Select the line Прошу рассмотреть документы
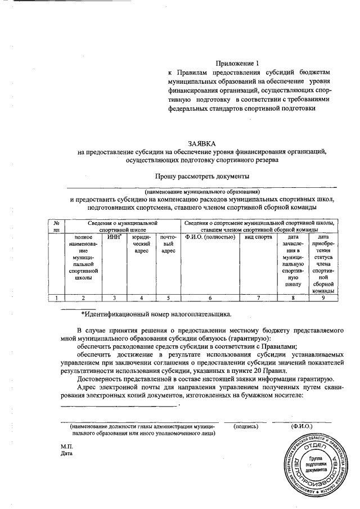pyautogui.click(x=202, y=176)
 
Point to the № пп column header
pyautogui.click(x=56, y=227)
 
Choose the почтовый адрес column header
pyautogui.click(x=168, y=245)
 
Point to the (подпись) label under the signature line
pyautogui.click(x=246, y=426)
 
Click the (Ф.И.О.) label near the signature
pyautogui.click(x=302, y=426)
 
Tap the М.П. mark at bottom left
pyautogui.click(x=67, y=446)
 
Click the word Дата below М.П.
pyautogui.click(x=67, y=453)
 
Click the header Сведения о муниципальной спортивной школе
pyautogui.click(x=123, y=227)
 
